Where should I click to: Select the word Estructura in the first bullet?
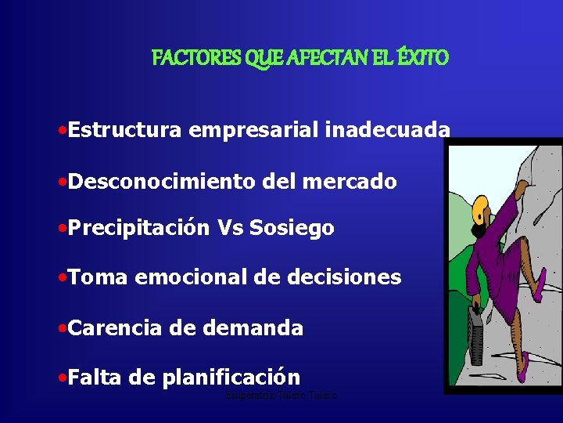125,130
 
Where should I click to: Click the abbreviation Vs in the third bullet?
230,228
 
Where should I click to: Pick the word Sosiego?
292,228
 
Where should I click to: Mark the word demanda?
253,327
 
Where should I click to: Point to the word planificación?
231,378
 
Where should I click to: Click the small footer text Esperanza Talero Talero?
280,396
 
